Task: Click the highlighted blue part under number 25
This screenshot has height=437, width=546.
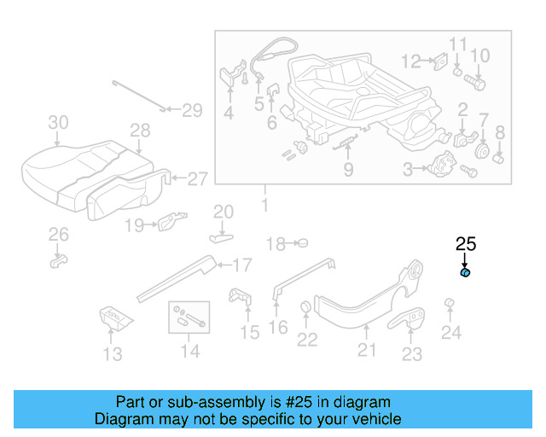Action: click(466, 273)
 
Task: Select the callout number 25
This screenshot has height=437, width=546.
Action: click(465, 244)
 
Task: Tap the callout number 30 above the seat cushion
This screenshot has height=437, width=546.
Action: click(58, 122)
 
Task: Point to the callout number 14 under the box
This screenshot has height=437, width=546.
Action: click(189, 350)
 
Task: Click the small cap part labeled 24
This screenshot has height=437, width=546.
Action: click(448, 305)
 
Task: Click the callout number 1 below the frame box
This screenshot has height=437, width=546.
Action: click(264, 205)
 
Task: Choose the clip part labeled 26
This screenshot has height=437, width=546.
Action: click(58, 259)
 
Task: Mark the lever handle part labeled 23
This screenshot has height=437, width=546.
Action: click(411, 319)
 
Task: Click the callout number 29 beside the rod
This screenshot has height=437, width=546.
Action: click(192, 109)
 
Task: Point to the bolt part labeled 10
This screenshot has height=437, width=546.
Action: click(476, 84)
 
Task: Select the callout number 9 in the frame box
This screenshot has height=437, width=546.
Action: click(348, 170)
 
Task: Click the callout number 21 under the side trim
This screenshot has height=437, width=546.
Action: click(366, 350)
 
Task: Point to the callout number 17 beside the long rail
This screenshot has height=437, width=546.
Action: click(241, 265)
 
